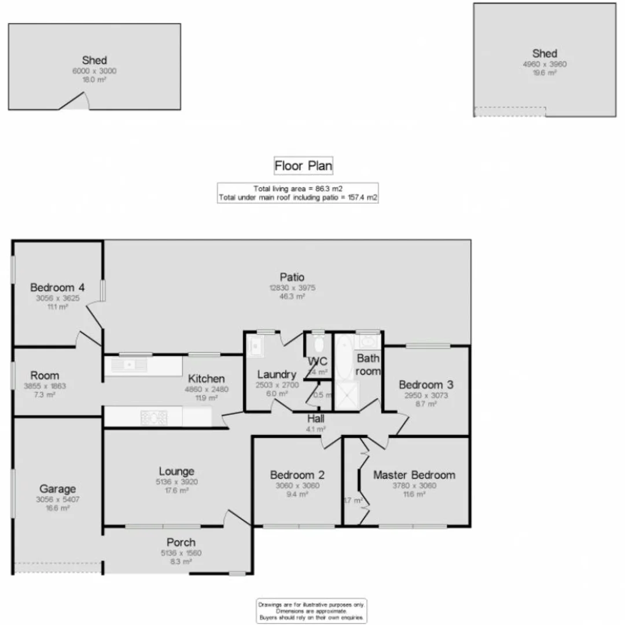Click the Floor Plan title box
(x=303, y=166)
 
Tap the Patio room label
(x=292, y=277)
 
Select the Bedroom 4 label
(x=58, y=287)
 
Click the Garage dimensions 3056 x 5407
(x=57, y=499)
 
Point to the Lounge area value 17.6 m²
(x=177, y=490)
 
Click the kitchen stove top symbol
(x=154, y=417)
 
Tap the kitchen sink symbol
(x=127, y=365)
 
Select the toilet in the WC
(x=318, y=345)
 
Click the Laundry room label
(x=277, y=374)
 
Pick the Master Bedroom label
(x=414, y=475)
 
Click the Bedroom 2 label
(x=297, y=475)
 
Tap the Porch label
(x=181, y=542)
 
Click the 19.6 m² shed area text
(x=545, y=73)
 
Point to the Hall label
(x=316, y=419)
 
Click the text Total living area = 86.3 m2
(x=297, y=189)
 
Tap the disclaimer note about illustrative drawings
(x=311, y=611)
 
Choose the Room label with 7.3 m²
(x=45, y=376)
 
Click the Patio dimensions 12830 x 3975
(x=292, y=288)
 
